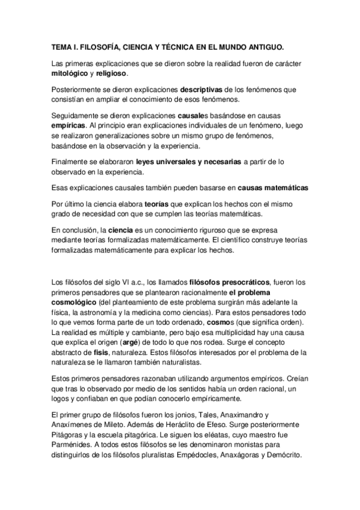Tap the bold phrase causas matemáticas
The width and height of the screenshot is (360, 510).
click(x=269, y=188)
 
